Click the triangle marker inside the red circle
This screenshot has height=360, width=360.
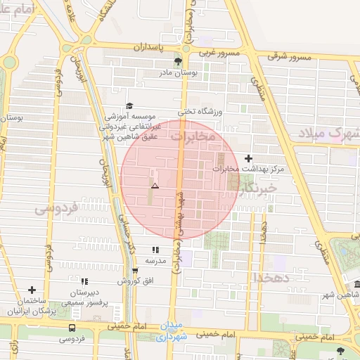(155, 186)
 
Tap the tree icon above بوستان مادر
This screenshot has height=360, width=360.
(177, 62)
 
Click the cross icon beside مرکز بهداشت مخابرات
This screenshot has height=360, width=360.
(247, 158)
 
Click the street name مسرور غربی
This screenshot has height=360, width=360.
(219, 53)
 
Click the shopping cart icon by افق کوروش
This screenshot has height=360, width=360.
(135, 271)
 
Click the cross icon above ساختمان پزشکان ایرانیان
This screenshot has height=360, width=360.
(32, 290)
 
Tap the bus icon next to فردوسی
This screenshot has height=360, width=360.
(72, 328)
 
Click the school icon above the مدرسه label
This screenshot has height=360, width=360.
(155, 250)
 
